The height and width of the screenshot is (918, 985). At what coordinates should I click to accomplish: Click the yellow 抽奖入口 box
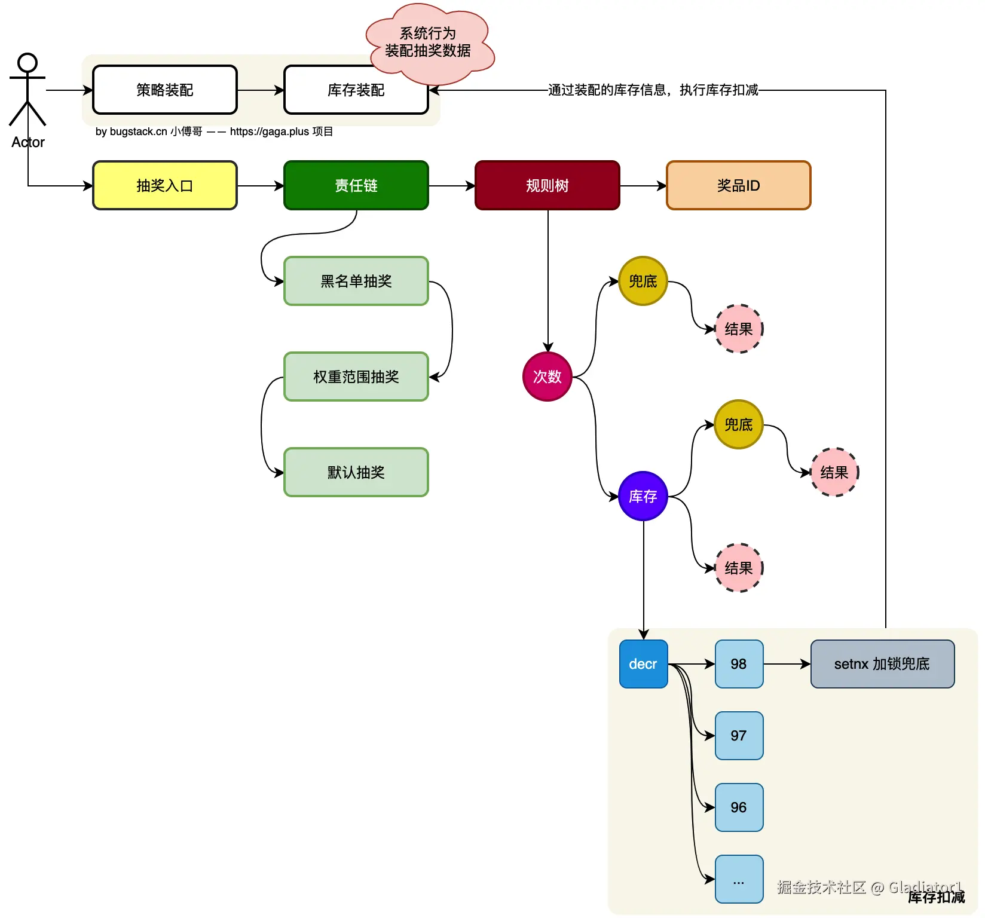tap(165, 185)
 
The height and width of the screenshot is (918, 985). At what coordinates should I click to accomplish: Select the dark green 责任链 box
tap(356, 185)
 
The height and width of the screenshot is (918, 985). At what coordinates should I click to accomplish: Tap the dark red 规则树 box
tap(547, 185)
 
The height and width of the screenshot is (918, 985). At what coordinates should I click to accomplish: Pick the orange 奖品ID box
tap(739, 185)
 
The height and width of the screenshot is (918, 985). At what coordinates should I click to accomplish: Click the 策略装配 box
tap(165, 90)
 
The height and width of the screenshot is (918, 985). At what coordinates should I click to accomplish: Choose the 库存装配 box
tap(356, 90)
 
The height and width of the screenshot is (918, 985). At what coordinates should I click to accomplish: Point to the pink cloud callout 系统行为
tap(429, 42)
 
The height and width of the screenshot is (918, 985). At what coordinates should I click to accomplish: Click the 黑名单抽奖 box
tap(356, 281)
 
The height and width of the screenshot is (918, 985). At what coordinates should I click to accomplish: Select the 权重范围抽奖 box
tap(356, 377)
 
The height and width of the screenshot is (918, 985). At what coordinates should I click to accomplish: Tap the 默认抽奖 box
tap(356, 472)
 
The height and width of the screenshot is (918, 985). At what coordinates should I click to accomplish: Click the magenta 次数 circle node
tap(547, 377)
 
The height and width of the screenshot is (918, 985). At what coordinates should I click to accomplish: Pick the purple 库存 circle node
tap(643, 496)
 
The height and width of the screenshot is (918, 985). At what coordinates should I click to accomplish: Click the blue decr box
tap(643, 664)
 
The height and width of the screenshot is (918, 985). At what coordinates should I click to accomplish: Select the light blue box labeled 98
tap(739, 664)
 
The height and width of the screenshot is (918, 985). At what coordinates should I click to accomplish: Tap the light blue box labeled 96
tap(739, 807)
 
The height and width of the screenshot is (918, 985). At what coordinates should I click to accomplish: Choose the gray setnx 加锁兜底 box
tap(882, 664)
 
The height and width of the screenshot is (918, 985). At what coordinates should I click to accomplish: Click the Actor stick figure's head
tap(27, 63)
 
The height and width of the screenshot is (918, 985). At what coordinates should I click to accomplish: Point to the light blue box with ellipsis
tap(739, 879)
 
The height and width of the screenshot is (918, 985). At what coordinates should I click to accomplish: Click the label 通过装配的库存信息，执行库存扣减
tap(653, 90)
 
